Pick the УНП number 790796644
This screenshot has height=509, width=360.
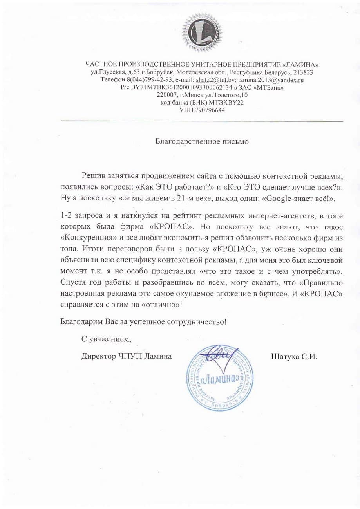coord(210,110)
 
